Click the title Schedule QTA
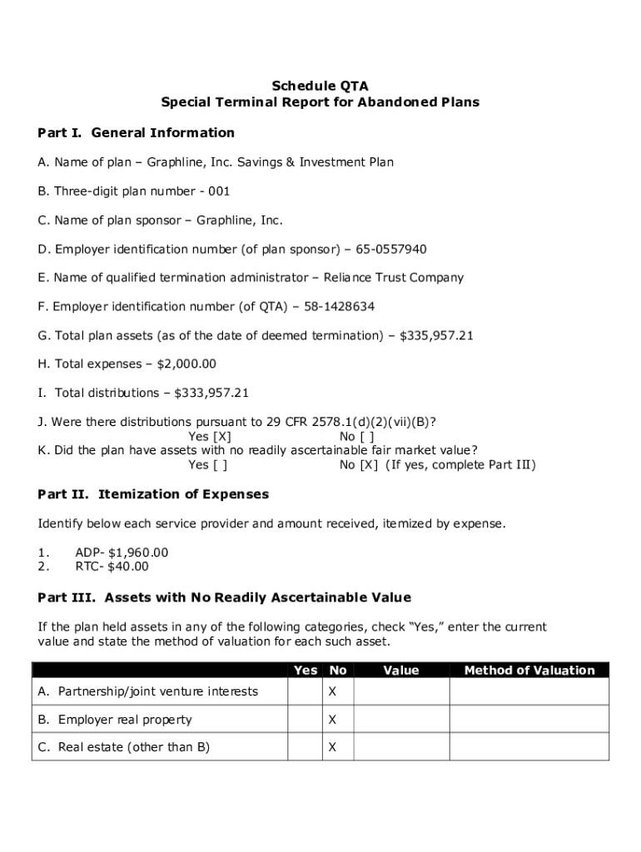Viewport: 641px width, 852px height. (320, 86)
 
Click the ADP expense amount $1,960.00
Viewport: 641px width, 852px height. (138, 552)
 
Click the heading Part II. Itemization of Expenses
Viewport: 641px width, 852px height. (154, 494)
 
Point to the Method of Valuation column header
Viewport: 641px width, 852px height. (529, 671)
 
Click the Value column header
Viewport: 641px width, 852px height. (401, 671)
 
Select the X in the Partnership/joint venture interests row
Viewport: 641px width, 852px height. (332, 692)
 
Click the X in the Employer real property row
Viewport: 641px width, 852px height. (332, 720)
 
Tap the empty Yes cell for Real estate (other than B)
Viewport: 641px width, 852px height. (304, 747)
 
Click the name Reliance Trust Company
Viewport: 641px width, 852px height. (405, 278)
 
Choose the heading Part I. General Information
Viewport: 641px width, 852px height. (137, 133)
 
